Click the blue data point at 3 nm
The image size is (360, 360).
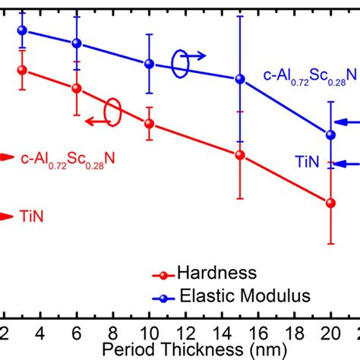22,30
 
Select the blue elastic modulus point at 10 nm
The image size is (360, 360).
149,64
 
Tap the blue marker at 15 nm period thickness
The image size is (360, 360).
240,79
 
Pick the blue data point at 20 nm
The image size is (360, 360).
330,134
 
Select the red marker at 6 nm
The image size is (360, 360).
76,88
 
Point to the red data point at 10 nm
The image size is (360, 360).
149,123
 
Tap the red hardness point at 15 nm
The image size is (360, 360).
240,155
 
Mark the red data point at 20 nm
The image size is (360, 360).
330,203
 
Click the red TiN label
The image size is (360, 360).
32,216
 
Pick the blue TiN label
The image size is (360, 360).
308,162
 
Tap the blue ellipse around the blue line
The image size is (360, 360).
180,64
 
